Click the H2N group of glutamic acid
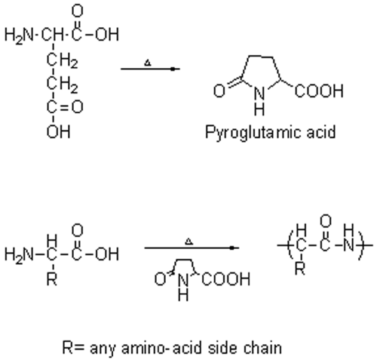pyautogui.click(x=19, y=35)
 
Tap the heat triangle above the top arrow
pyautogui.click(x=148, y=63)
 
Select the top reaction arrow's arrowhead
pyautogui.click(x=173, y=69)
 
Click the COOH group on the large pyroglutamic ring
pyautogui.click(x=319, y=91)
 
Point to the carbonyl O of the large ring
pyautogui.click(x=219, y=91)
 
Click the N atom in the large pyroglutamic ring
pyautogui.click(x=259, y=94)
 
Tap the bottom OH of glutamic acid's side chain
pyautogui.click(x=58, y=131)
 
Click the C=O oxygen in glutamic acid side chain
pyautogui.click(x=78, y=107)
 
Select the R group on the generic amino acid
pyautogui.click(x=52, y=278)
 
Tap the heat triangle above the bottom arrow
pyautogui.click(x=189, y=242)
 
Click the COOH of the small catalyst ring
pyautogui.click(x=225, y=279)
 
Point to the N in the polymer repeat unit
pyautogui.click(x=348, y=245)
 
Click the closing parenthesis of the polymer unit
pyautogui.click(x=361, y=245)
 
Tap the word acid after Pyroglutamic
pyautogui.click(x=321, y=132)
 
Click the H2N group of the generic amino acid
pyautogui.click(x=19, y=254)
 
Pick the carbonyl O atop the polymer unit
pyautogui.click(x=326, y=221)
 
